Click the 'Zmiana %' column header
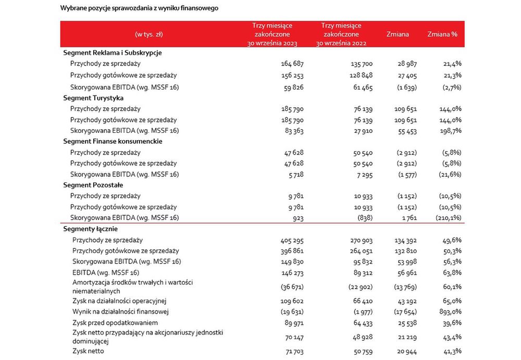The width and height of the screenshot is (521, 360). point(442,34)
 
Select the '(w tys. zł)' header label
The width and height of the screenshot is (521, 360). point(149,34)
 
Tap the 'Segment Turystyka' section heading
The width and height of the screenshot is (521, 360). point(93,98)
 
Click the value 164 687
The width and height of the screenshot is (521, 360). point(292,64)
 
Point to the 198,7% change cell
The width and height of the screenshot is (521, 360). point(451,131)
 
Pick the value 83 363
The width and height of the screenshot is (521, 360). point(294,131)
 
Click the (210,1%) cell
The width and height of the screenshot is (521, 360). point(448,218)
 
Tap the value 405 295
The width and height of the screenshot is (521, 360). point(292,240)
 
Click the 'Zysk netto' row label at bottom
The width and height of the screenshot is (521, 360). point(88,351)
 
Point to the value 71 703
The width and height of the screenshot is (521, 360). point(294,351)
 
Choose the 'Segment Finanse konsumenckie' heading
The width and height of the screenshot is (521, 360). point(113,141)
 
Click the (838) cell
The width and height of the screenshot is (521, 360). point(365,218)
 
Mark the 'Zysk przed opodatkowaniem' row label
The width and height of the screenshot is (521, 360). point(115,323)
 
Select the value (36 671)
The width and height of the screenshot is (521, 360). point(292,287)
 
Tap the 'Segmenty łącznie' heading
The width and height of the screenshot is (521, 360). point(90,229)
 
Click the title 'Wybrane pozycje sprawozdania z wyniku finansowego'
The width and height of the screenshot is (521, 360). point(139,8)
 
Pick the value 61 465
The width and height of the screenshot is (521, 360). point(363,88)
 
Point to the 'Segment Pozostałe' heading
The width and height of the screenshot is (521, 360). point(93,185)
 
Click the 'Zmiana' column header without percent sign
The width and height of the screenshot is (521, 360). point(398,34)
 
